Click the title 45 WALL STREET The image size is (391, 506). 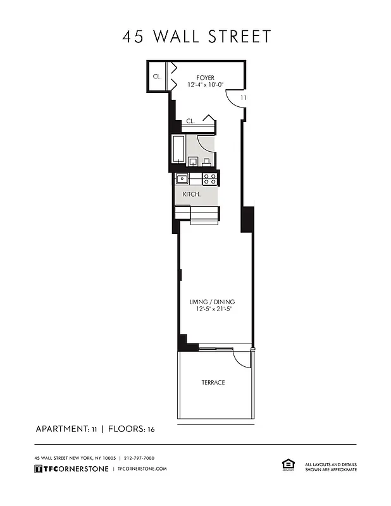(x=196, y=37)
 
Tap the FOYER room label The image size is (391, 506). (x=205, y=78)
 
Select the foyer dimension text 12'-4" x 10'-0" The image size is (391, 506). (x=205, y=85)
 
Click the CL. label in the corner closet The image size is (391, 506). (x=156, y=77)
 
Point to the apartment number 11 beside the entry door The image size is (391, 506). (x=244, y=98)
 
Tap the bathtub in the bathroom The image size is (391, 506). (x=178, y=150)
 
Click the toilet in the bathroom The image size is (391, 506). (x=206, y=161)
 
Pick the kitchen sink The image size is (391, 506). (x=182, y=179)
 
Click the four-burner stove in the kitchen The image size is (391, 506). (x=210, y=179)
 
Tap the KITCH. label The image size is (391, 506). (x=192, y=194)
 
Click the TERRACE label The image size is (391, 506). (x=213, y=383)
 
